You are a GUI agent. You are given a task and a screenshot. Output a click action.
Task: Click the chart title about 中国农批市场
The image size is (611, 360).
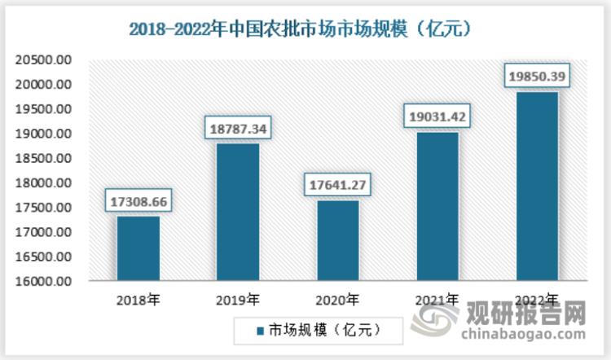point(305,29)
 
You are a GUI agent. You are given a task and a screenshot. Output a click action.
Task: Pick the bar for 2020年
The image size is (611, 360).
point(336,241)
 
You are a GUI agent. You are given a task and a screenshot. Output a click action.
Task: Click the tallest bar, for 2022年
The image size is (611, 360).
point(537,187)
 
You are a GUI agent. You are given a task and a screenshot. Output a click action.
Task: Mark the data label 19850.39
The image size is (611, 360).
point(537,76)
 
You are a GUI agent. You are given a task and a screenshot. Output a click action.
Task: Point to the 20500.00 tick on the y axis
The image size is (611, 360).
point(45,59)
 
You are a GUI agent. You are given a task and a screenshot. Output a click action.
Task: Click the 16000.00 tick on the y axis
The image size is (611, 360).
point(45,281)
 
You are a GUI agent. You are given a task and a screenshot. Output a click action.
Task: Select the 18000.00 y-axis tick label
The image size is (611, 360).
point(45,182)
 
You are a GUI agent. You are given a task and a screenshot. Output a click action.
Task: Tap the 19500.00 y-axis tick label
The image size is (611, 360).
point(45,109)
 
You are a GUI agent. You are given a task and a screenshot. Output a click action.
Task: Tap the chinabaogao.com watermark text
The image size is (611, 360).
point(521,334)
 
